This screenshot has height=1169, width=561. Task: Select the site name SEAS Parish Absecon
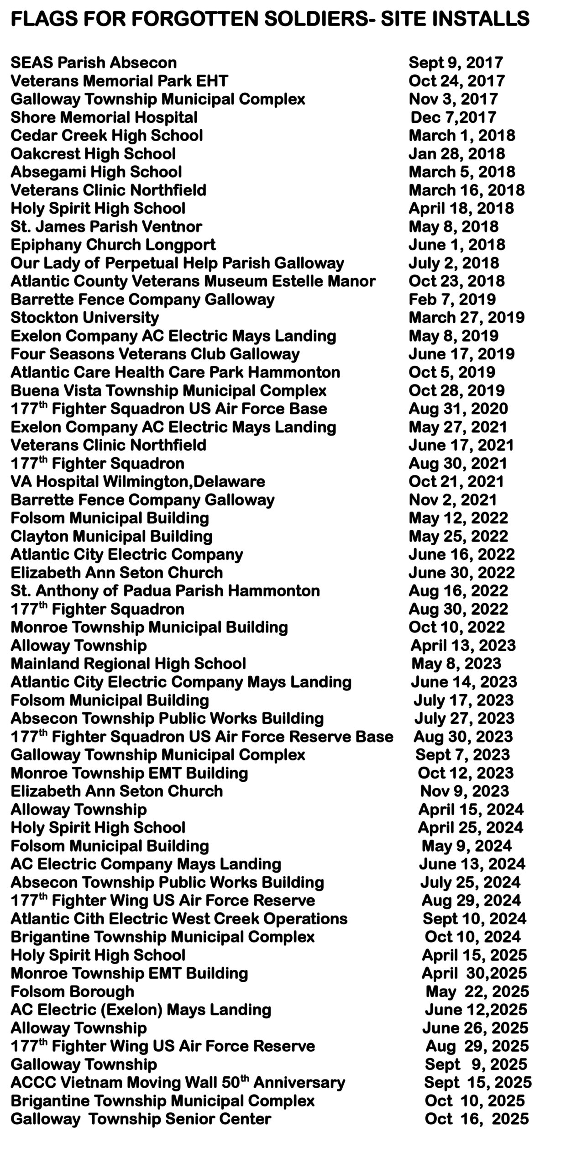point(94,63)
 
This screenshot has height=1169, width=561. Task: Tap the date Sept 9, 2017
point(456,63)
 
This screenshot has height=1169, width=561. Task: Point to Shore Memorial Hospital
point(104,117)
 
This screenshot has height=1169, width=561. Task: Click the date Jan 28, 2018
point(456,154)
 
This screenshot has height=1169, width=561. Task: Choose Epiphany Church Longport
point(113,245)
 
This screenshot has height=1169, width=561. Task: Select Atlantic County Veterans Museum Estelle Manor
point(193,281)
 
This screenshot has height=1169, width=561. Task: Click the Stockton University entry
point(85,317)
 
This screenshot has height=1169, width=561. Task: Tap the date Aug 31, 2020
point(458,409)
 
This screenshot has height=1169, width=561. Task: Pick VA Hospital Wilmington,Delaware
point(138,482)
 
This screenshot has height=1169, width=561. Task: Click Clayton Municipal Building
point(111,536)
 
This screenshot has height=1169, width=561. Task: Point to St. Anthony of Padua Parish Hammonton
point(165,591)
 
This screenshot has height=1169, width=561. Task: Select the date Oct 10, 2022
point(456,627)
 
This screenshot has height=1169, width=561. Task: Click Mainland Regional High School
point(128,663)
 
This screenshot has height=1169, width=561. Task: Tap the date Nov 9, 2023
point(464,791)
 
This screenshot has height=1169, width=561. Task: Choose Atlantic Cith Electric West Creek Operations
point(179,919)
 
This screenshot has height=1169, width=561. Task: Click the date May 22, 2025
point(477,992)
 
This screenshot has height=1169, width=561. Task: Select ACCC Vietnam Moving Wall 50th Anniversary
point(178,1083)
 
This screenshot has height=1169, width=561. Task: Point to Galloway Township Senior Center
point(141,1119)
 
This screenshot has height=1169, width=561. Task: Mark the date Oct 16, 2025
point(477,1119)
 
